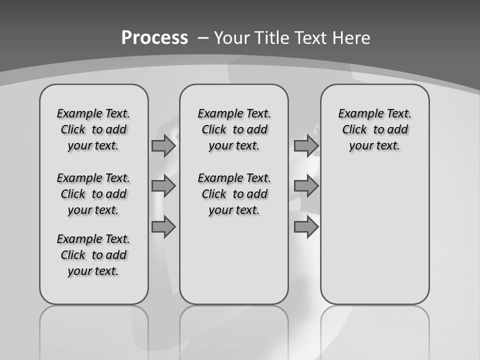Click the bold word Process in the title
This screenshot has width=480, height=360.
coord(154,37)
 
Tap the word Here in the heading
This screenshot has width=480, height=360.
coord(351,38)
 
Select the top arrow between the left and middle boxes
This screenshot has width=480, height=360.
coord(163,146)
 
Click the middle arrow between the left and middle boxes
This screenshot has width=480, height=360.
coord(163,186)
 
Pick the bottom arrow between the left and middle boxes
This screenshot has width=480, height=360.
coord(163,227)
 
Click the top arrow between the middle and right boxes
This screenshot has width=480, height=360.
coord(306,146)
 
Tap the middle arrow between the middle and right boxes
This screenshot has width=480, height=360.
coord(306,186)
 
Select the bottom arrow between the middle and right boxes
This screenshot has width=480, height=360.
coord(306,227)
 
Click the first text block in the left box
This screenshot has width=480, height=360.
coord(93,129)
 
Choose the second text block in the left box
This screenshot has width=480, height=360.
coord(93,194)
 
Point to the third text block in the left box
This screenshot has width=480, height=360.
coord(93,255)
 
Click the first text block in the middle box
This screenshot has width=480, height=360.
coord(234,129)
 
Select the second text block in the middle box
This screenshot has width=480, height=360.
coord(234,194)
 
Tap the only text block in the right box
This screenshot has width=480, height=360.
coord(375,129)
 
